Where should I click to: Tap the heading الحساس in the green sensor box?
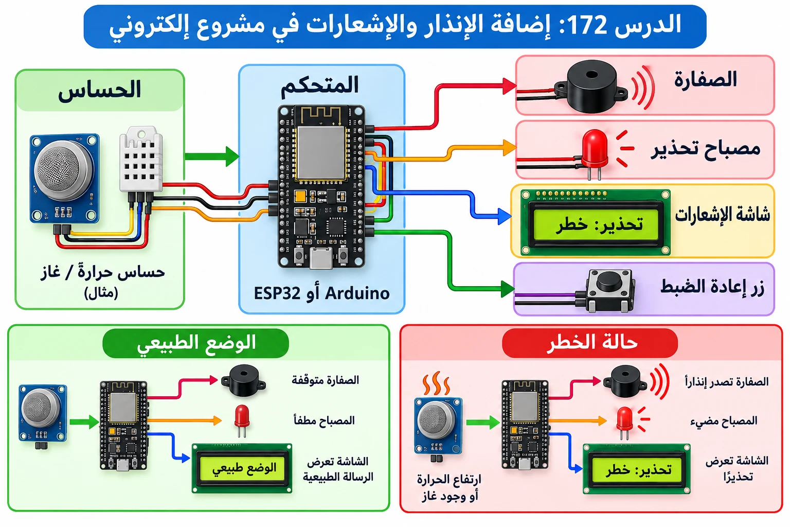pos(100,90)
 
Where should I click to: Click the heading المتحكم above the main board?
pos(319,85)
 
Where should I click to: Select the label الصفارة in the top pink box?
pos(705,79)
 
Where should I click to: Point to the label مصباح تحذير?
pos(705,149)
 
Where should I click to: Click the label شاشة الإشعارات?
pos(722,214)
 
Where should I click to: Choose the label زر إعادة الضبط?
pos(712,287)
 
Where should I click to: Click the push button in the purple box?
pos(609,291)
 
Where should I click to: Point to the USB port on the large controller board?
pos(320,258)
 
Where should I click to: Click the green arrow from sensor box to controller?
pos(211,156)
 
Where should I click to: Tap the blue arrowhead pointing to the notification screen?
pos(505,216)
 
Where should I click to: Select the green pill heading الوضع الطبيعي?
pos(196,343)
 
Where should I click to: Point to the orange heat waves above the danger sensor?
pos(437,383)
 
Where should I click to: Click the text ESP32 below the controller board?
pos(277,293)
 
